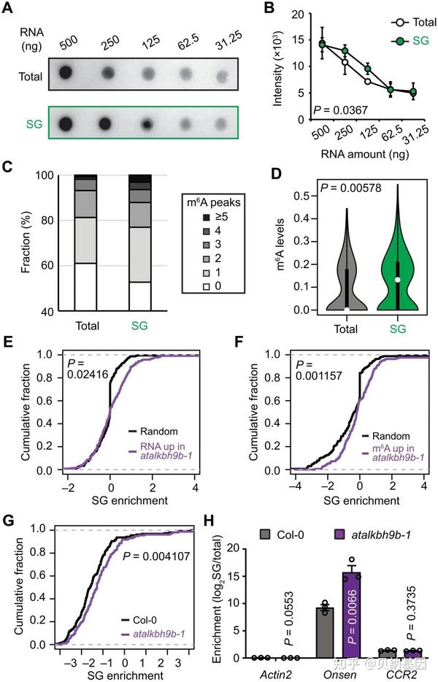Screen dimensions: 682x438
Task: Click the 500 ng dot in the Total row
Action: (x=66, y=74)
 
